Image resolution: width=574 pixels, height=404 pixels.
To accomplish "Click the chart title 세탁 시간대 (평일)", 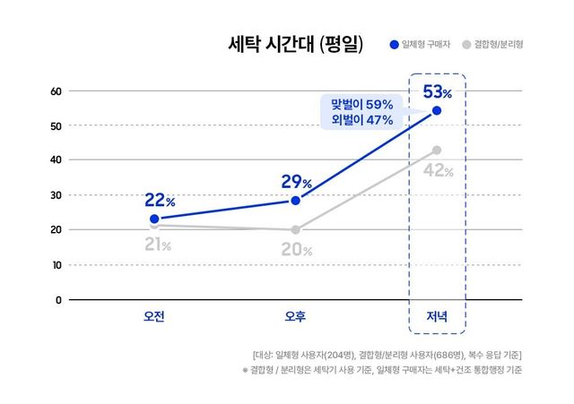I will tap(296, 45).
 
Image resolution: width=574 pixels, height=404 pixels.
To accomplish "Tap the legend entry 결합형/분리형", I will tap(498, 44).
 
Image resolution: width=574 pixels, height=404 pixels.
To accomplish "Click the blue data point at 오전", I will tap(154, 219).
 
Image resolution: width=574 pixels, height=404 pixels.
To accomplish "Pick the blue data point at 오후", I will tap(295, 201).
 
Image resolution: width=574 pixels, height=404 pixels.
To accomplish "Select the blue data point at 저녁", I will tap(437, 110).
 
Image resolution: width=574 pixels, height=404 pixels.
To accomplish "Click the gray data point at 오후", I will tap(295, 229).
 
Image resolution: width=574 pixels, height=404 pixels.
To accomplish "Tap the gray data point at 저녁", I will tap(437, 150).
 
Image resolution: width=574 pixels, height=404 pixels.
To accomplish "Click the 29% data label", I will tap(296, 182).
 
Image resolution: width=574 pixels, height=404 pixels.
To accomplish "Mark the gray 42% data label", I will tap(437, 170).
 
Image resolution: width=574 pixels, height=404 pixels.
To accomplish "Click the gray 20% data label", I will tap(296, 250).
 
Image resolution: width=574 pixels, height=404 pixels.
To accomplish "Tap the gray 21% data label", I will tap(154, 245).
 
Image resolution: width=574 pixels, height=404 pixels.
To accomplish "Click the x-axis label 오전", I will tap(154, 316).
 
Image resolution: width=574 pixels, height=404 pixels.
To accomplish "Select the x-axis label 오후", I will tap(295, 316).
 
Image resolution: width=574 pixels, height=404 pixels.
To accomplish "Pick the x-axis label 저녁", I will tap(437, 316).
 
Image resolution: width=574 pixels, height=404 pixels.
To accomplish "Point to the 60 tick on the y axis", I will tap(55, 90).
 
